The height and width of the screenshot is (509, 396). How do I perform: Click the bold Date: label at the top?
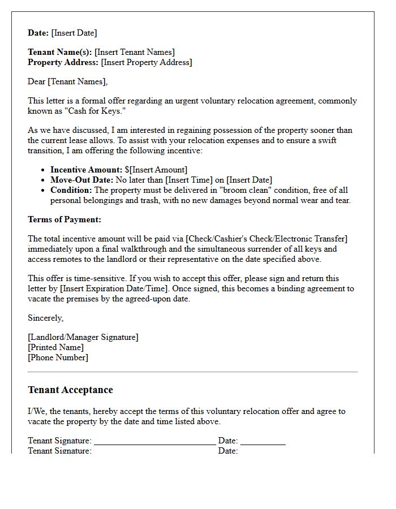coord(38,33)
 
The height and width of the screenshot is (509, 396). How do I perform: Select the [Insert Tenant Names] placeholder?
coord(135,52)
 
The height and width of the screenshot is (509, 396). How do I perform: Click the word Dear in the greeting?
coord(37,81)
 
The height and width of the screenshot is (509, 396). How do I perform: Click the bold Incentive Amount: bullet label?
coord(86,170)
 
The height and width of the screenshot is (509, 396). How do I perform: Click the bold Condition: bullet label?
coord(71,190)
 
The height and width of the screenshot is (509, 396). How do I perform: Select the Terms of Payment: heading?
coord(64,219)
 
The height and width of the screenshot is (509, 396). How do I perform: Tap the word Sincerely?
coord(45,318)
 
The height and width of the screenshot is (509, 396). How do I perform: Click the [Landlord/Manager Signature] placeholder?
coord(83,337)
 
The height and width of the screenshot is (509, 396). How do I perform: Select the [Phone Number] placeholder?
coord(58,357)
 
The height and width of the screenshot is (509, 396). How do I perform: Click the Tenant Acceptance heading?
coord(70,390)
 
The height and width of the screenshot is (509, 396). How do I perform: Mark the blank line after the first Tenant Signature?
coord(154,442)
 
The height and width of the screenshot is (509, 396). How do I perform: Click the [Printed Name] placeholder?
coord(55,347)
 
